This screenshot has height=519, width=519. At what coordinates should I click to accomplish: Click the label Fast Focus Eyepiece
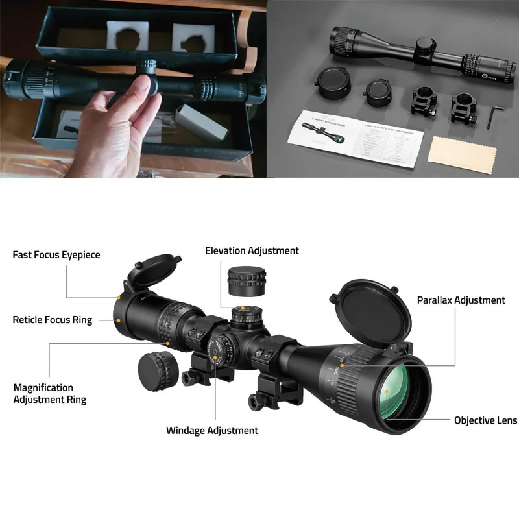(56, 255)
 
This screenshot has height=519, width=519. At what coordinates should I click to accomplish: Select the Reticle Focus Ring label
(53, 320)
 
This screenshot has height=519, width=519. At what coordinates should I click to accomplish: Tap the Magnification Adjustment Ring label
(50, 393)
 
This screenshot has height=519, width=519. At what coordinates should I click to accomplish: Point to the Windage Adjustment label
(212, 430)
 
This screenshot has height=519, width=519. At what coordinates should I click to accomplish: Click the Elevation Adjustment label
(252, 250)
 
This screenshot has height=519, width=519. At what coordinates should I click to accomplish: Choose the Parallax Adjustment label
(461, 300)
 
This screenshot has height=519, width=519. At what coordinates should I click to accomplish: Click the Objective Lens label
(485, 420)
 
